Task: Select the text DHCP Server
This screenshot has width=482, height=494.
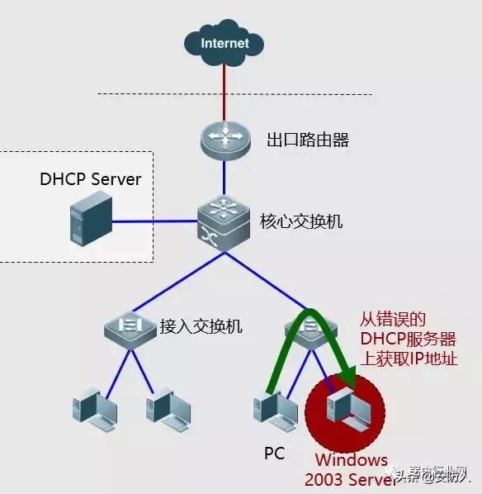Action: click(91, 179)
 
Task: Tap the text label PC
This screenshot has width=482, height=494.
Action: click(275, 454)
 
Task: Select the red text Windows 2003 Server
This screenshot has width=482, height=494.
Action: click(346, 469)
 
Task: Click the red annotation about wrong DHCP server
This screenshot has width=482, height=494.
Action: click(408, 339)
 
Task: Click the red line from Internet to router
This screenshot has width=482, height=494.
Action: click(224, 91)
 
